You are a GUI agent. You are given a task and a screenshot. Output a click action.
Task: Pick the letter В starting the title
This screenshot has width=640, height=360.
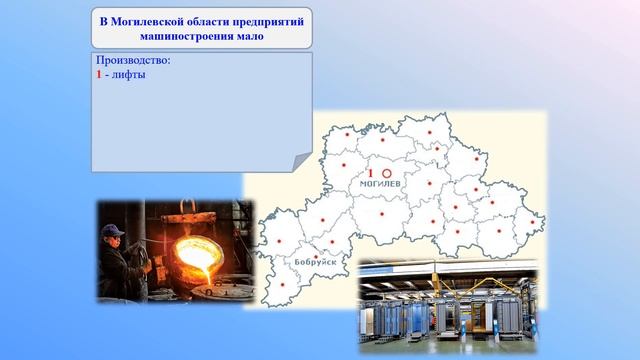[x=103, y=21]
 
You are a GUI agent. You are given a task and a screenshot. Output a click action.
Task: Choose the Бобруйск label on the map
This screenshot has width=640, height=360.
[x=315, y=262]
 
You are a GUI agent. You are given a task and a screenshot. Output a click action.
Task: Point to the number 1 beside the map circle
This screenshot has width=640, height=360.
[x=370, y=173]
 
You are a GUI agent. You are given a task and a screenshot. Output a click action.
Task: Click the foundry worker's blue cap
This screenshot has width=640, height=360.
[x=113, y=231]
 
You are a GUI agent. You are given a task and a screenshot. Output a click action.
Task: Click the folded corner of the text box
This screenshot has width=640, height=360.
[x=299, y=161]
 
